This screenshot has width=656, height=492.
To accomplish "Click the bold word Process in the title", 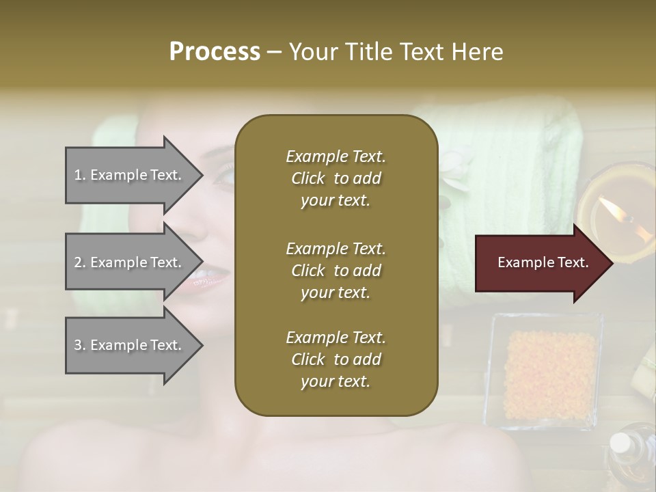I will [215, 51].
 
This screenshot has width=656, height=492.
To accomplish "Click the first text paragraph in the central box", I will [336, 178].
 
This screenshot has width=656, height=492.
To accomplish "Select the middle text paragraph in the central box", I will [336, 270].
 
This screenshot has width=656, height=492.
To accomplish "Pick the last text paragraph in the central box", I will [336, 359].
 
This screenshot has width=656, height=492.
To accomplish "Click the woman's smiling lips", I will [206, 277].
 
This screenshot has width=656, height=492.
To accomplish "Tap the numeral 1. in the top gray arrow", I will [80, 175].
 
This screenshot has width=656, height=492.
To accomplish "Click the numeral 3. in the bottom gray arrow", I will [80, 345].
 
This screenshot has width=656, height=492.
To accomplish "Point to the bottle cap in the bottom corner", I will [620, 443].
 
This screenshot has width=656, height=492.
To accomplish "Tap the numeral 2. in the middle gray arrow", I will [80, 262].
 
